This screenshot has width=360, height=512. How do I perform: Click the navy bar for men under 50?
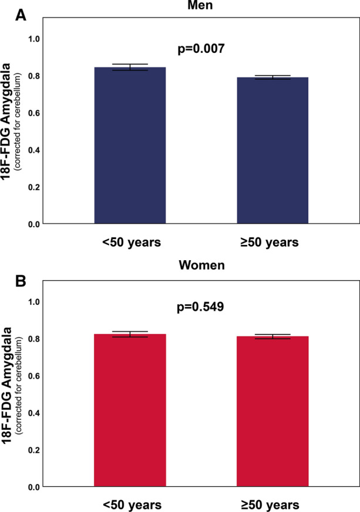tap(130, 147)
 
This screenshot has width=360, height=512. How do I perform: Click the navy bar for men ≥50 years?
tap(272, 151)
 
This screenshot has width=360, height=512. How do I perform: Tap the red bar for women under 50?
tap(130, 411)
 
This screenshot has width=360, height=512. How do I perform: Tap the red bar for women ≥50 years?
tap(272, 412)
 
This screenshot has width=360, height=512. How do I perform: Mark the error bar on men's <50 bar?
tap(130, 67)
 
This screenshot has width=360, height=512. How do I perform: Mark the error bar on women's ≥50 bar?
tap(272, 336)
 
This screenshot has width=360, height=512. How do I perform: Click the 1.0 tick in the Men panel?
tap(36, 39)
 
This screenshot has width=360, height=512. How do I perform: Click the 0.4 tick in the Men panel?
tap(36, 150)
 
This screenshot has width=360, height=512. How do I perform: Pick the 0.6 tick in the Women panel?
tap(36, 376)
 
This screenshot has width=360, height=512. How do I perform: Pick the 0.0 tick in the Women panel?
tap(36, 487)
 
